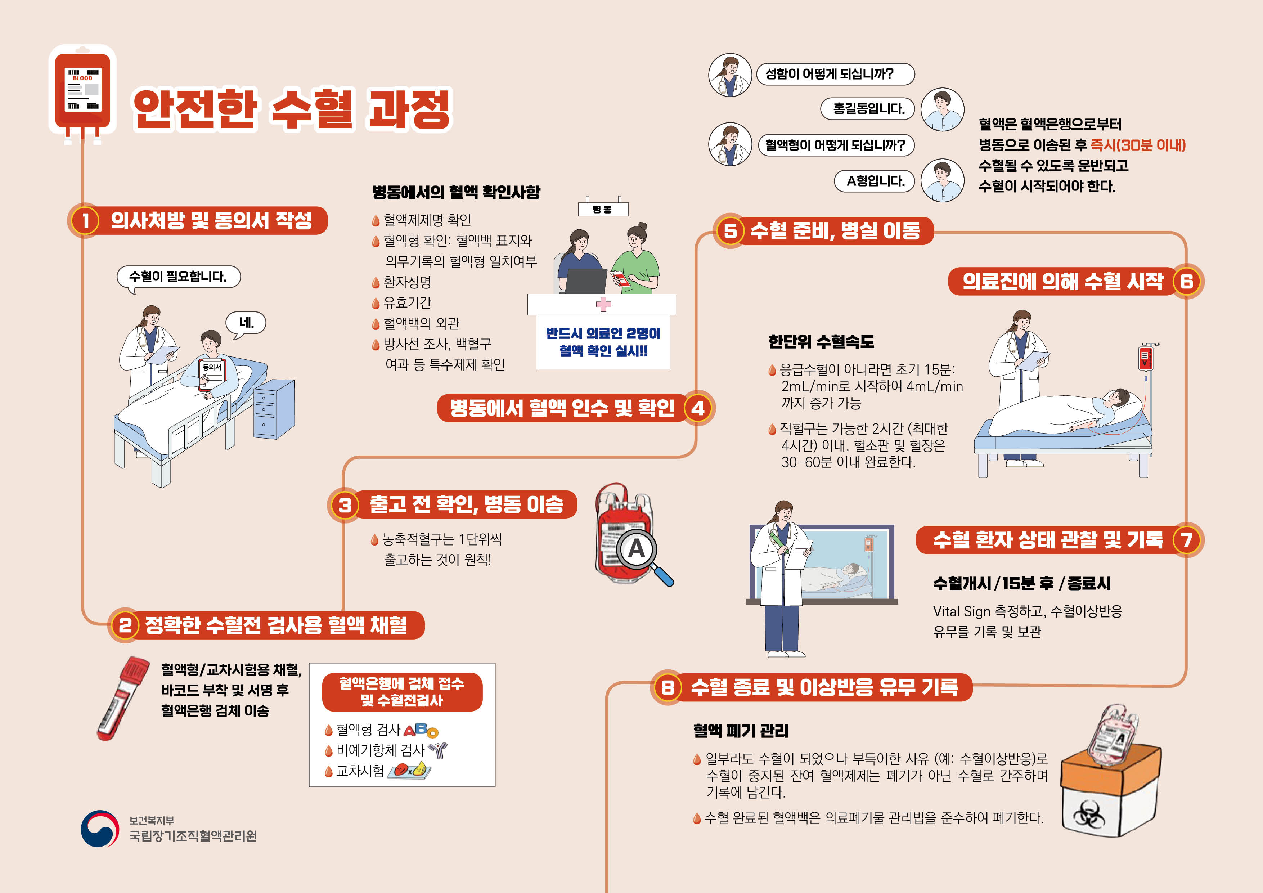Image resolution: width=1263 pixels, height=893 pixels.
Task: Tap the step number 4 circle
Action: [x=698, y=408]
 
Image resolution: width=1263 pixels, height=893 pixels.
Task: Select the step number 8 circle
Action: [x=667, y=687]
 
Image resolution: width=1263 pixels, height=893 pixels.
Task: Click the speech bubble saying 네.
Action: [x=246, y=323]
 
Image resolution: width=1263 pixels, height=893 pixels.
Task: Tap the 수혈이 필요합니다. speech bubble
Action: [x=178, y=277]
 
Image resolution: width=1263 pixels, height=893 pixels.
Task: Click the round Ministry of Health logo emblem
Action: [x=100, y=828]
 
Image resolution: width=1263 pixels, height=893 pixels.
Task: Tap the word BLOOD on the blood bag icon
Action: [x=82, y=78]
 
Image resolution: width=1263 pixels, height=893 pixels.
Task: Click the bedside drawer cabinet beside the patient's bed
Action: [x=274, y=409]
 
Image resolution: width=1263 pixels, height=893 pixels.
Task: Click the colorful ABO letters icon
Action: [x=421, y=730]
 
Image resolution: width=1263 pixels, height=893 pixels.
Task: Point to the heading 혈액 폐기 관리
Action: [x=741, y=731]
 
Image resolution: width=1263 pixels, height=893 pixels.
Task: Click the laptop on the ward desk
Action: [x=585, y=281]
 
